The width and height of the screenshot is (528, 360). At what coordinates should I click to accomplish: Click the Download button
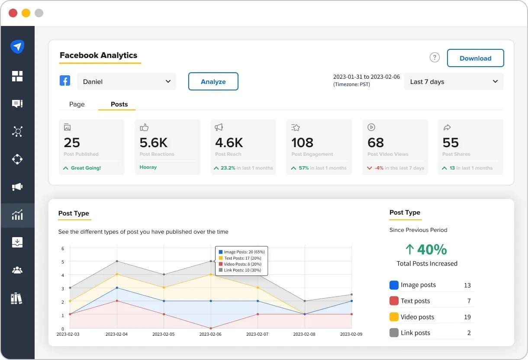click(475, 58)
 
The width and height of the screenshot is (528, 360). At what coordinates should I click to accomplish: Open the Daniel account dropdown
click(126, 81)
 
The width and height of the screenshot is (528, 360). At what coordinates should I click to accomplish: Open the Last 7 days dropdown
click(454, 81)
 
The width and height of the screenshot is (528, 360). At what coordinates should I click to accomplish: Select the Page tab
click(77, 104)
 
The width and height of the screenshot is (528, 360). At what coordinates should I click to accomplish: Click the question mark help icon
click(435, 57)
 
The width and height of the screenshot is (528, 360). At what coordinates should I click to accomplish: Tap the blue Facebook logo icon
click(65, 80)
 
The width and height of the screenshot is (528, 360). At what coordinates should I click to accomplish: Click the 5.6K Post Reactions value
click(153, 142)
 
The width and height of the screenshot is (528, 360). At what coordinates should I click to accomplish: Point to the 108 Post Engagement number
click(302, 142)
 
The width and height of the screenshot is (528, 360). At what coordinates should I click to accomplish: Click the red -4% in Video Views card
click(379, 168)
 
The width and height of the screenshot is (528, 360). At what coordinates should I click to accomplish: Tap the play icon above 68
click(371, 127)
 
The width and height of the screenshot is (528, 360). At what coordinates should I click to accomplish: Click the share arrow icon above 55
click(447, 127)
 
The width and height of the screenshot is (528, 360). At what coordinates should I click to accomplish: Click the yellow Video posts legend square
click(394, 317)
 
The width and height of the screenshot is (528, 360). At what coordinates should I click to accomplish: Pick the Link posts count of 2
click(469, 333)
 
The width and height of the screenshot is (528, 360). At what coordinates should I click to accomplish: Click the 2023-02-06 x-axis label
click(210, 334)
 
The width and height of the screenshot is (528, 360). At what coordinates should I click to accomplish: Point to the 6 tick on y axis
click(63, 248)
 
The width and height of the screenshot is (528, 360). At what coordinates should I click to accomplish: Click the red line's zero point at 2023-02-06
click(211, 328)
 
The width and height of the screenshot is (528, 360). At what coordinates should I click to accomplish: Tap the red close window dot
click(13, 13)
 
